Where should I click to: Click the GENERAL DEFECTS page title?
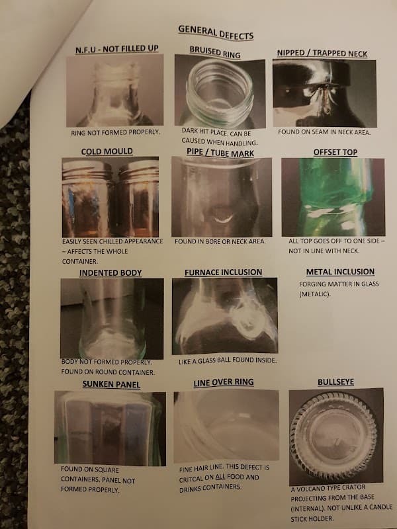coord(216,32)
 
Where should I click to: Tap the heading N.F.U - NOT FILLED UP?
coord(117,49)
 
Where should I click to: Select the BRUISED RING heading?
coord(215,52)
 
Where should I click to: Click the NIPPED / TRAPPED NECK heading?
coord(322,54)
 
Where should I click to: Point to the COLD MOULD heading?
coord(107,151)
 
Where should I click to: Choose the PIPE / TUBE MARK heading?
coord(220,153)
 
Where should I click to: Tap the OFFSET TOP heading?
coord(335,152)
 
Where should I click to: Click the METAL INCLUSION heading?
coord(340,272)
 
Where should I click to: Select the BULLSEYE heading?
coord(335,382)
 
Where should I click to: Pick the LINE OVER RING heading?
coord(224,383)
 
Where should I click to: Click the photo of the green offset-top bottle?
coord(333,197)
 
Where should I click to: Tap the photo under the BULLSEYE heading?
coord(336,436)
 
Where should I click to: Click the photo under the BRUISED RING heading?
coord(220,91)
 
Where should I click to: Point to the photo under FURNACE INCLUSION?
coord(225,316)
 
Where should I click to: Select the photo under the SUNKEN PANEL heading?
coord(110,428)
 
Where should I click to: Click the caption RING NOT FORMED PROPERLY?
coord(115,133)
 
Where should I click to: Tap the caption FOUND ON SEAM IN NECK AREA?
coord(324,132)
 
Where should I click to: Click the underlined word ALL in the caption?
coord(220,477)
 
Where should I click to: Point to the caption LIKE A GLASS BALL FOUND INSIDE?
coord(228,360)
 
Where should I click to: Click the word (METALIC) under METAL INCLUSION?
coord(315,294)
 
